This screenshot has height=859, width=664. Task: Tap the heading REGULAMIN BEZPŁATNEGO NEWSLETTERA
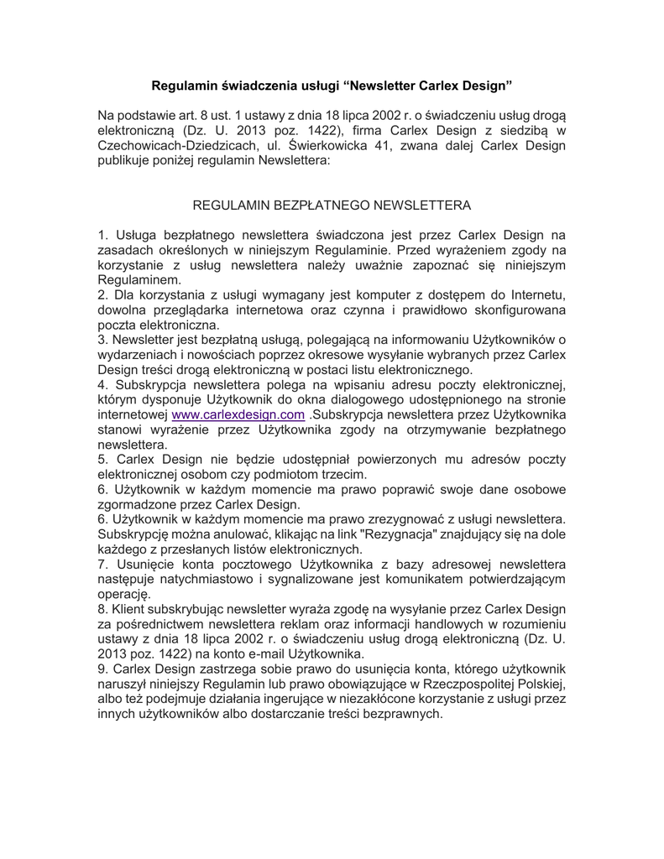pyautogui.click(x=332, y=205)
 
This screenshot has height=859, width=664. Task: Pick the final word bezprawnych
pyautogui.click(x=397, y=715)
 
